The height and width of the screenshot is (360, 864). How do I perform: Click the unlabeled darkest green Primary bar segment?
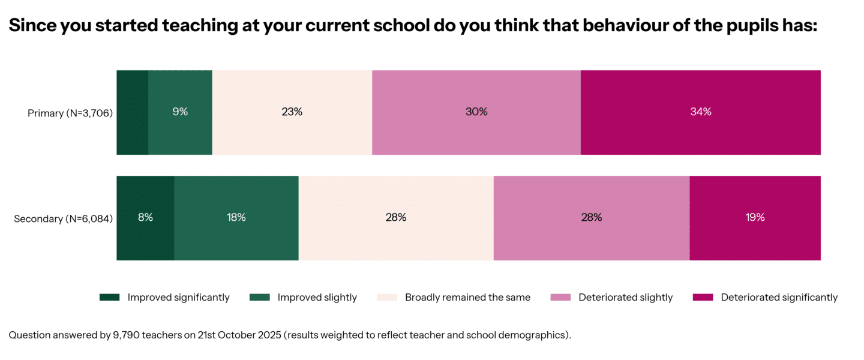pyautogui.click(x=132, y=112)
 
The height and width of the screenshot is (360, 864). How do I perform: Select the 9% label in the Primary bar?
pyautogui.click(x=180, y=112)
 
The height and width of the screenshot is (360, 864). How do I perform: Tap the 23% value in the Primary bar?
pyautogui.click(x=292, y=112)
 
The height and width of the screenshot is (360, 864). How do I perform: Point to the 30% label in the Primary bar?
pyautogui.click(x=476, y=112)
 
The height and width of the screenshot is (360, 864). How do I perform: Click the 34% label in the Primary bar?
pyautogui.click(x=700, y=112)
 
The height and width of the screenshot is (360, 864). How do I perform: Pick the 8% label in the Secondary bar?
pyautogui.click(x=145, y=218)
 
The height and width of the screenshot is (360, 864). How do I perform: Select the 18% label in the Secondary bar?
pyautogui.click(x=236, y=218)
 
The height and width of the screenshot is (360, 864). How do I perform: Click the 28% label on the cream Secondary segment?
pyautogui.click(x=396, y=218)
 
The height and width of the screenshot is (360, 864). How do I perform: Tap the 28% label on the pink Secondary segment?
pyautogui.click(x=591, y=218)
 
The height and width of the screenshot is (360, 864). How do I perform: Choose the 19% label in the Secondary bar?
pyautogui.click(x=755, y=218)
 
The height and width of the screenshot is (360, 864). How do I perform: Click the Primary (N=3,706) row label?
pyautogui.click(x=70, y=113)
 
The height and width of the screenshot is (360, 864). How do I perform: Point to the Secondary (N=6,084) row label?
pyautogui.click(x=64, y=218)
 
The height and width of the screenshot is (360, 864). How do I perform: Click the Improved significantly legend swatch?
pyautogui.click(x=110, y=298)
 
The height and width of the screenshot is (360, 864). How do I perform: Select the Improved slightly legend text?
pyautogui.click(x=317, y=298)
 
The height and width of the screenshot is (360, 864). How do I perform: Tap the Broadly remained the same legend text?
pyautogui.click(x=467, y=298)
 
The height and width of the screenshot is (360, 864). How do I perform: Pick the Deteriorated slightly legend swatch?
pyautogui.click(x=560, y=298)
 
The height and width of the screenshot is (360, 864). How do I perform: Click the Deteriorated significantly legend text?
pyautogui.click(x=779, y=298)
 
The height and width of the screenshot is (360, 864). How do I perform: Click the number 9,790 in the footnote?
pyautogui.click(x=125, y=335)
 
